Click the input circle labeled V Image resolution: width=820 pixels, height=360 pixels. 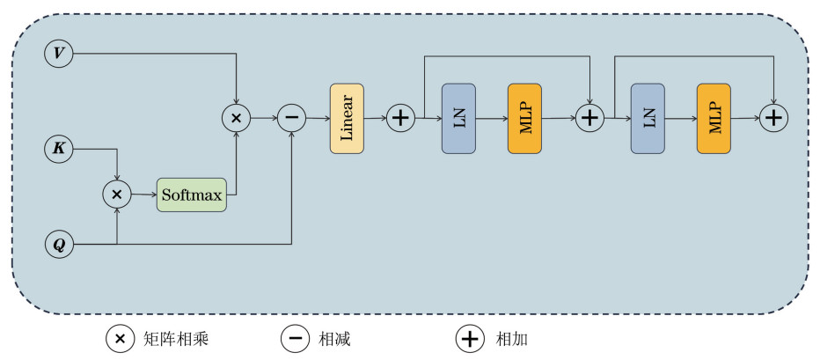coord(59,54)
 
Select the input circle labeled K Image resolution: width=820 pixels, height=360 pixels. coord(59,150)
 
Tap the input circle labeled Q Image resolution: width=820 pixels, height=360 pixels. coord(59,245)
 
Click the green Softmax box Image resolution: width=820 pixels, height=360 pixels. coord(191,194)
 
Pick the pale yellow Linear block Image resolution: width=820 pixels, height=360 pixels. coord(347,119)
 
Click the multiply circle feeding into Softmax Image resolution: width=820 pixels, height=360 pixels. coord(117,193)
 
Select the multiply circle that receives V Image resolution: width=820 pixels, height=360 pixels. coord(236,118)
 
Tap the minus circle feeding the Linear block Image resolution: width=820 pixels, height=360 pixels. coord(291,118)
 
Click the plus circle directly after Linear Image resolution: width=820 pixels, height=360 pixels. coord(400,118)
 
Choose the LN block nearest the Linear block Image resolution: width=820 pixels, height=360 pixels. coord(458,119)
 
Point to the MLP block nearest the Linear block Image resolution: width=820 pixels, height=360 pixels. coord(524,119)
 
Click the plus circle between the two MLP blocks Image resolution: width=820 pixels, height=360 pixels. coord(589,118)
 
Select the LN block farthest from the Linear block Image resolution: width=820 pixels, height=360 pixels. coord(648,119)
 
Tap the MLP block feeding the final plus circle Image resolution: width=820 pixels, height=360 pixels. coord(714,119)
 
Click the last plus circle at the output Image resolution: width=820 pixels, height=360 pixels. coord(774,118)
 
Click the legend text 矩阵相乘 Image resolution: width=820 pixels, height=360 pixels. coord(175,338)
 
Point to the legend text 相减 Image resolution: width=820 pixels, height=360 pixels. coord(335,338)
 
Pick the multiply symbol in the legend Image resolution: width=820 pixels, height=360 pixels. coord(121,338)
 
